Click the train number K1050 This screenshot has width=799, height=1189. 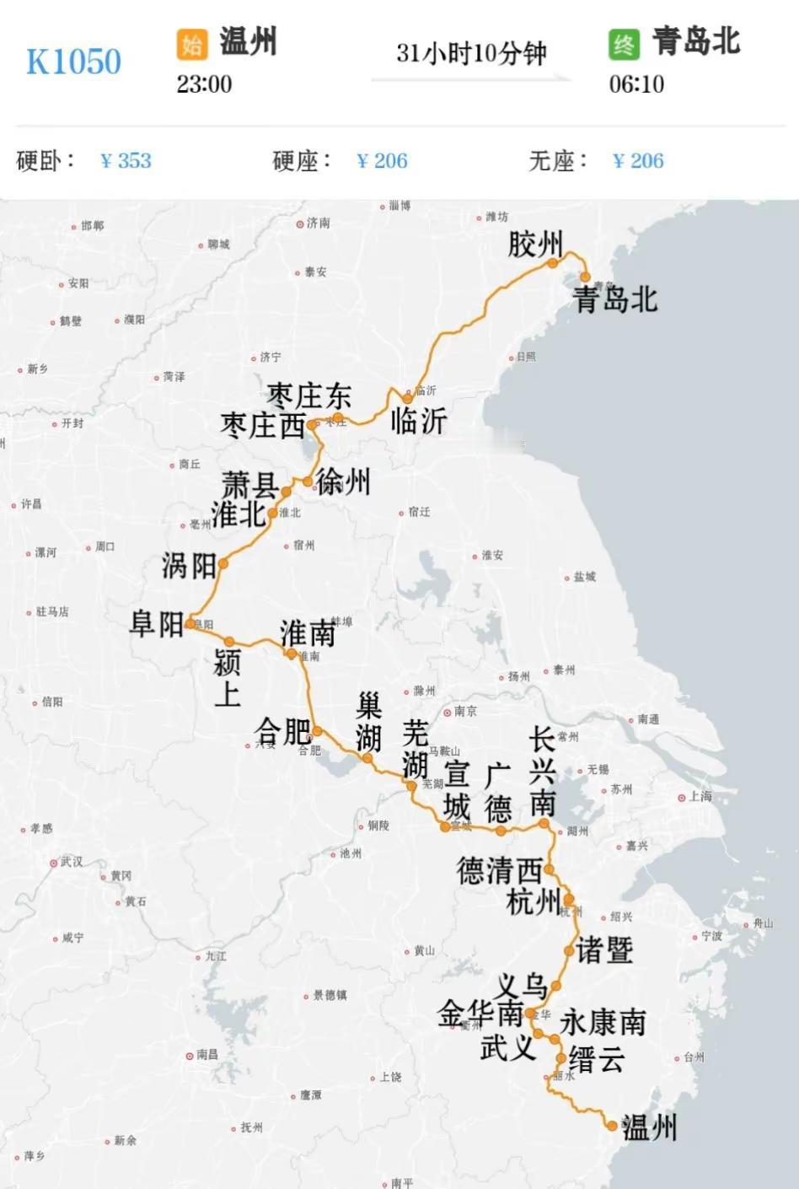coord(73,62)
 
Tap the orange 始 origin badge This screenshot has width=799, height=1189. coord(191,44)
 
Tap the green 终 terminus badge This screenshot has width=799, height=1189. coord(625,44)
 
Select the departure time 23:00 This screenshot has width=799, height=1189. coord(204,84)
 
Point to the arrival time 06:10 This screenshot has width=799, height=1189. coord(636,84)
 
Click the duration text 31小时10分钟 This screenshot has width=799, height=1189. coord(471,53)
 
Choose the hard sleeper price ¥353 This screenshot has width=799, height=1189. coord(126,160)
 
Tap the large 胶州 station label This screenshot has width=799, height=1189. coord(534,245)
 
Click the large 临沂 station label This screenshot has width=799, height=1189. coord(419,421)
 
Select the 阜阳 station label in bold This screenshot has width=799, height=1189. coord(157,624)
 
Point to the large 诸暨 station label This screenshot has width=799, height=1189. coord(604,950)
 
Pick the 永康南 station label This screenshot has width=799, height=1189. coord(603,1022)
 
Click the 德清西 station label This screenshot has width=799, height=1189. coord(498,870)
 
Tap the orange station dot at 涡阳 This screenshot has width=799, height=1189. coord(223,563)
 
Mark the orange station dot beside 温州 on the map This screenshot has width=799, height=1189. coord(612,1125)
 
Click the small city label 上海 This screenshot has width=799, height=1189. coord(700,796)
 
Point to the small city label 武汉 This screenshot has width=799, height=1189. coord(71,862)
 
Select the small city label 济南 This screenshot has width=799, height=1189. coord(318,223)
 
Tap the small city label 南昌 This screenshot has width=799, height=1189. coord(207,1055)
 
